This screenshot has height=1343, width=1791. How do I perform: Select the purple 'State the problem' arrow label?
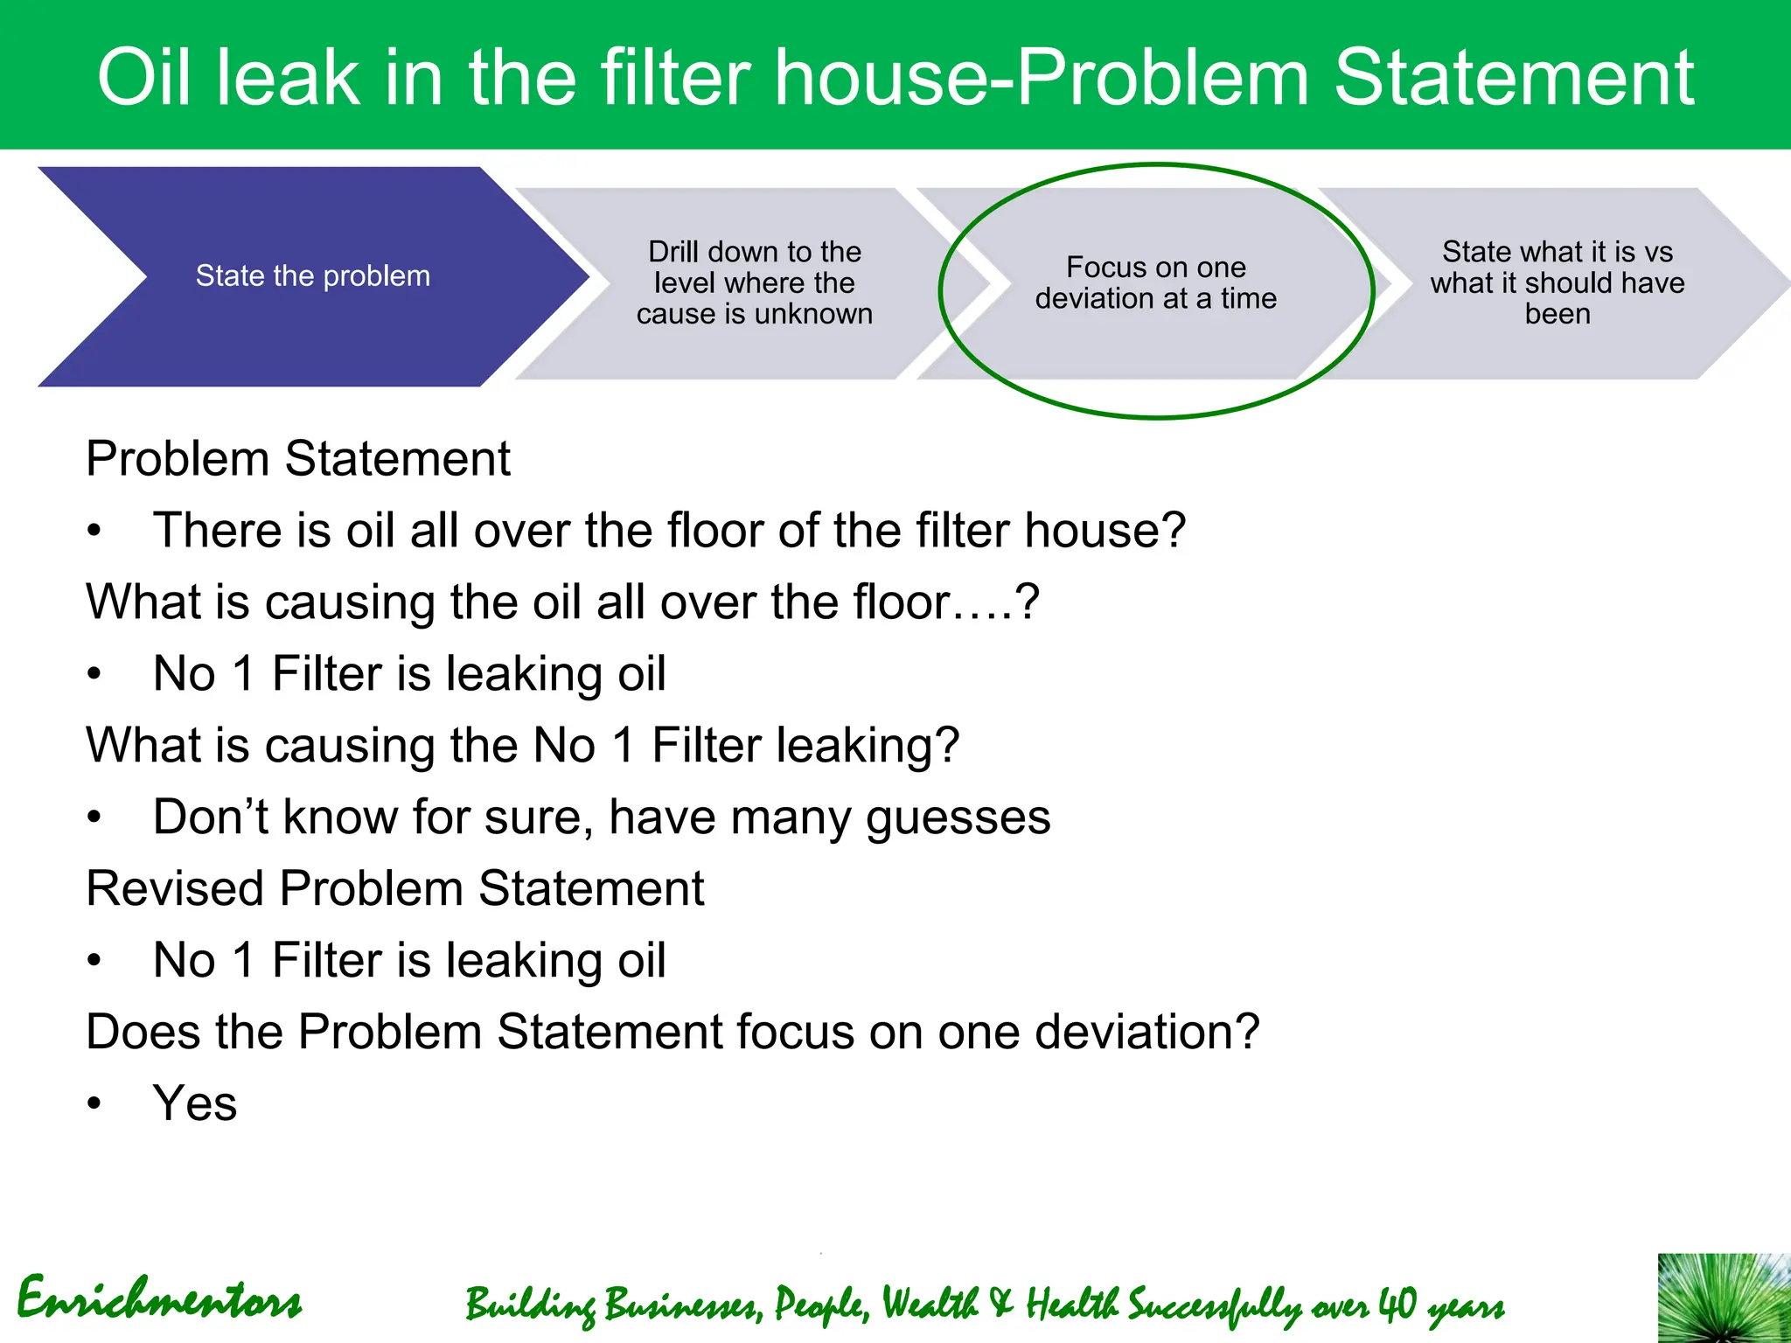pyautogui.click(x=312, y=276)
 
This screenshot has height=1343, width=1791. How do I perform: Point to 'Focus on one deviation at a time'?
pyautogui.click(x=1155, y=282)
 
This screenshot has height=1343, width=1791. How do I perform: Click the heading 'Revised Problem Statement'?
pyautogui.click(x=394, y=888)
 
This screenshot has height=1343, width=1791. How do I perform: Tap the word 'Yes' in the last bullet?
pyautogui.click(x=194, y=1103)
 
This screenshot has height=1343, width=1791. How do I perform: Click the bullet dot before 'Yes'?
pyautogui.click(x=94, y=1104)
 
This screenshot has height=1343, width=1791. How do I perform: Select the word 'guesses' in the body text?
pyautogui.click(x=958, y=818)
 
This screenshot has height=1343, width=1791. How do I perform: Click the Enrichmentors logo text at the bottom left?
pyautogui.click(x=159, y=1299)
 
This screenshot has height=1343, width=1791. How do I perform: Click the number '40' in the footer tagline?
pyautogui.click(x=1397, y=1305)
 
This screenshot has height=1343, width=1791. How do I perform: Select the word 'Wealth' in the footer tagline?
pyautogui.click(x=929, y=1305)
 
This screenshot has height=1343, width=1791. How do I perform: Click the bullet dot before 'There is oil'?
pyautogui.click(x=94, y=532)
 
